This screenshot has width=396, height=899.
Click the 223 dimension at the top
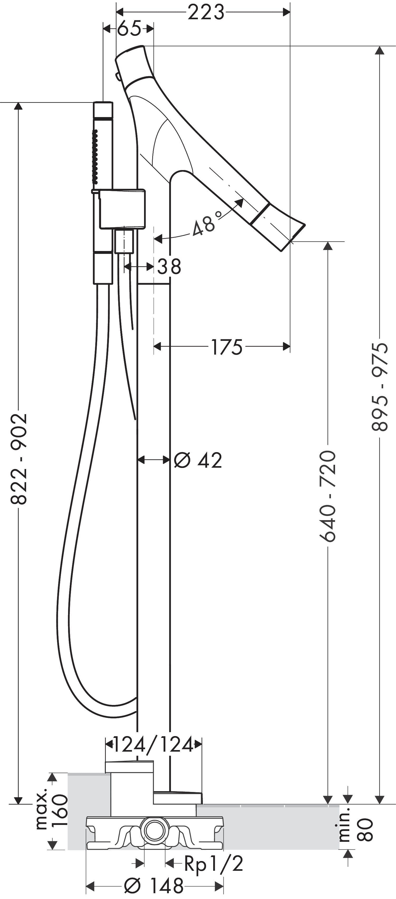tap(206, 13)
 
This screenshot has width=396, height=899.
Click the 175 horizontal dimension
tap(227, 347)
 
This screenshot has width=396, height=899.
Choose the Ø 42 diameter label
tap(198, 460)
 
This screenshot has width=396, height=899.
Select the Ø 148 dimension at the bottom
tap(154, 885)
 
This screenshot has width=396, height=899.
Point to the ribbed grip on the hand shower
tap(94, 156)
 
